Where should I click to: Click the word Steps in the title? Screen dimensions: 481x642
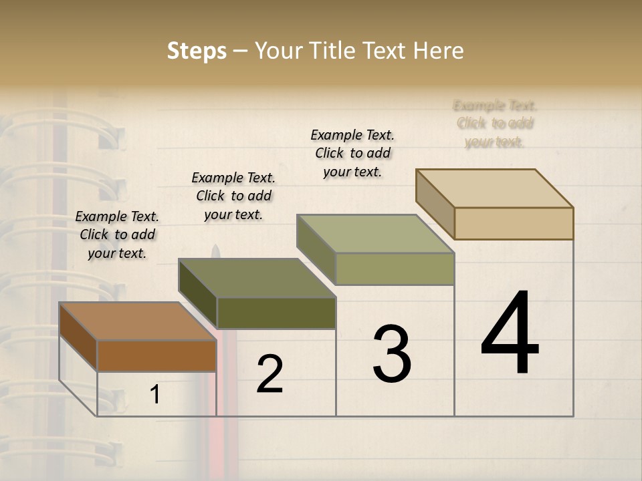(x=197, y=51)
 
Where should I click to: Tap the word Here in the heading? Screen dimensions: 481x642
(x=438, y=51)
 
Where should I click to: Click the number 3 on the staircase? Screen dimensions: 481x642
(x=392, y=354)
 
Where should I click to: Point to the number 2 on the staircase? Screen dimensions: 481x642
(x=270, y=374)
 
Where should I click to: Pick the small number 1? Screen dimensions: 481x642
(x=155, y=395)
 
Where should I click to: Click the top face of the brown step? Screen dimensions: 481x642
(x=138, y=321)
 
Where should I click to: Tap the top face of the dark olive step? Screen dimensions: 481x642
(x=257, y=278)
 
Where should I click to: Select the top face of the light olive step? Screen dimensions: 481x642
(x=376, y=234)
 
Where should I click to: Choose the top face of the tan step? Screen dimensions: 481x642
(x=495, y=188)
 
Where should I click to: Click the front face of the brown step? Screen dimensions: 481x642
(x=156, y=355)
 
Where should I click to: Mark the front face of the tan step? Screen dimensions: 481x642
(x=514, y=223)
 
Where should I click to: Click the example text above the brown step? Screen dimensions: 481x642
(x=117, y=234)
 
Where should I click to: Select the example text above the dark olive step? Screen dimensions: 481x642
(x=233, y=196)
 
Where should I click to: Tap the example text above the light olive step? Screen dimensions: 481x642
(x=352, y=153)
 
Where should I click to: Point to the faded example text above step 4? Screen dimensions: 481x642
(x=495, y=124)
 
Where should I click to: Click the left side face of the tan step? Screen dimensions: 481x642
(x=435, y=204)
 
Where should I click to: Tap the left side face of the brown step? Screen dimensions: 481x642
(x=78, y=337)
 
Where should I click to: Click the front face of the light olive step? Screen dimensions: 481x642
(x=395, y=269)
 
